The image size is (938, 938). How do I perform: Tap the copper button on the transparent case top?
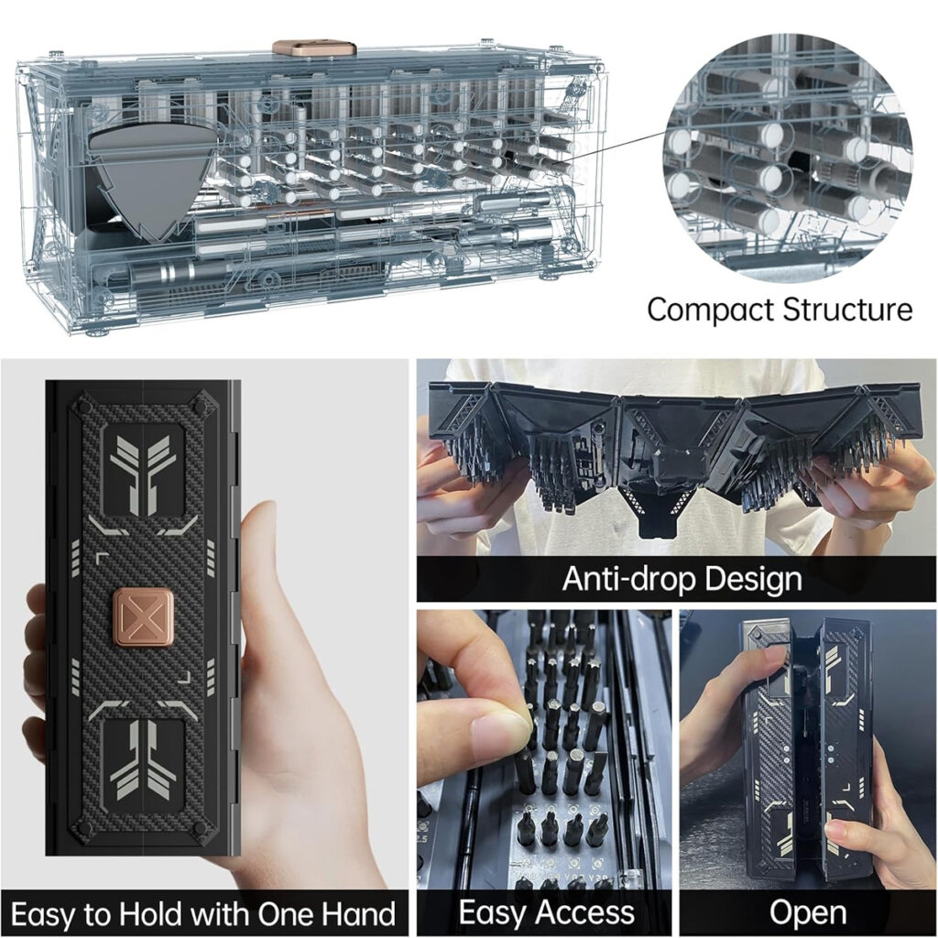click(315, 48)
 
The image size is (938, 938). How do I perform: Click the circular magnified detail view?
click(788, 158)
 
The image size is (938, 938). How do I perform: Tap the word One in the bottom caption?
click(286, 914)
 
